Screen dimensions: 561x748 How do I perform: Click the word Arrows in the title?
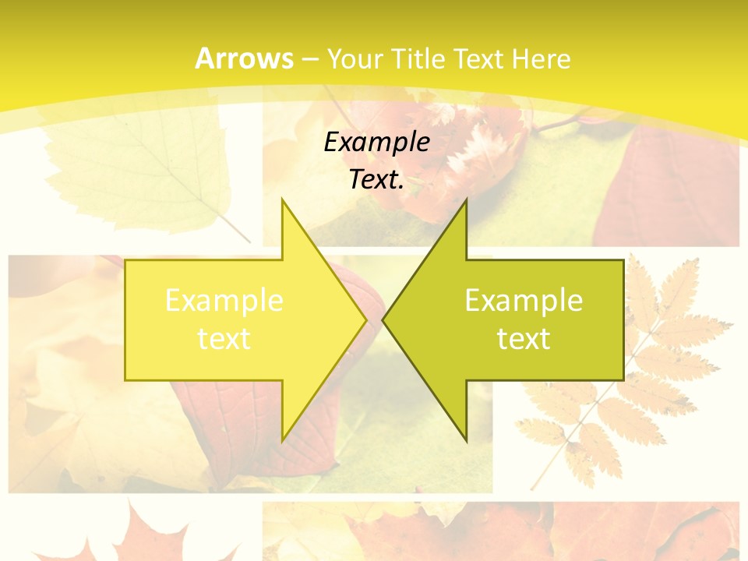pyautogui.click(x=244, y=58)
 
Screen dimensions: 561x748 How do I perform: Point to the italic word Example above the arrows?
pyautogui.click(x=376, y=142)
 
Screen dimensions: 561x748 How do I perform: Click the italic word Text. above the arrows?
pyautogui.click(x=376, y=179)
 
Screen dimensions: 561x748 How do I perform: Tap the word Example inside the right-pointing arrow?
pyautogui.click(x=224, y=301)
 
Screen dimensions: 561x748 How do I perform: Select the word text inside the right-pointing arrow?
pyautogui.click(x=224, y=339)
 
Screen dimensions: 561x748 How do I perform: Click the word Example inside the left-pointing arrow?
pyautogui.click(x=524, y=301)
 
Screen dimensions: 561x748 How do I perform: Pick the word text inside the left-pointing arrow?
pyautogui.click(x=524, y=339)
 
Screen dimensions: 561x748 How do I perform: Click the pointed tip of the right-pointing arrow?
pyautogui.click(x=366, y=319)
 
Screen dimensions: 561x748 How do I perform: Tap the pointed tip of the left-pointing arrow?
pyautogui.click(x=383, y=319)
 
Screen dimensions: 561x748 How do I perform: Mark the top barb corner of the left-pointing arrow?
pyautogui.click(x=466, y=199)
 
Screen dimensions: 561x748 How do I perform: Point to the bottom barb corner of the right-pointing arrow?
pyautogui.click(x=282, y=441)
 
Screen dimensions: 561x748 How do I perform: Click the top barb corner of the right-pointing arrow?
pyautogui.click(x=282, y=199)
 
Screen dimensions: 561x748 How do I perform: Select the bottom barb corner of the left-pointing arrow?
pyautogui.click(x=466, y=441)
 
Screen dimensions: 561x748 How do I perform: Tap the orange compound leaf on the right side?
pyautogui.click(x=623, y=374)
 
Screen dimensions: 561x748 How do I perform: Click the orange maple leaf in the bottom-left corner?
pyautogui.click(x=140, y=538)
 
